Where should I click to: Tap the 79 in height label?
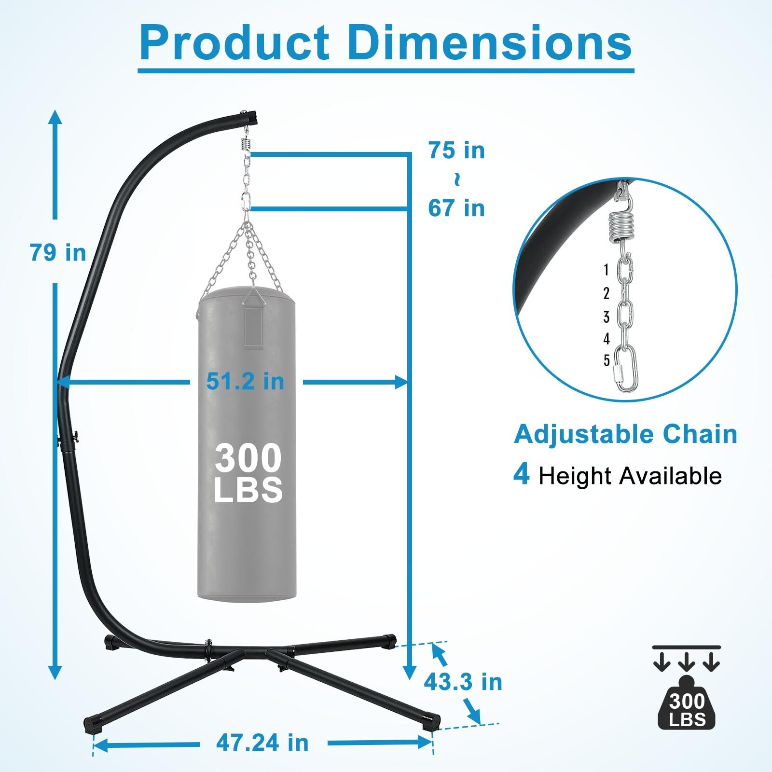coord(58,252)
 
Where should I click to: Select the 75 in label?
coord(456,151)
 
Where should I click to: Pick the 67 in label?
coord(456,208)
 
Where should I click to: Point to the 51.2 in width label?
coord(245,382)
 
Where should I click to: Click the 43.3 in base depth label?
coord(463,682)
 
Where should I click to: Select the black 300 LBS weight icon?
coord(687,707)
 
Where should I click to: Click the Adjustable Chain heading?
coord(625,434)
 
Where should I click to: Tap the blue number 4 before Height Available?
coord(521,474)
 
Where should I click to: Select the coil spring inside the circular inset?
coord(619,227)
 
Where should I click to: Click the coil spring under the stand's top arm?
coord(246,143)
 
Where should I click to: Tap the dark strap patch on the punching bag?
coord(255,326)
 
